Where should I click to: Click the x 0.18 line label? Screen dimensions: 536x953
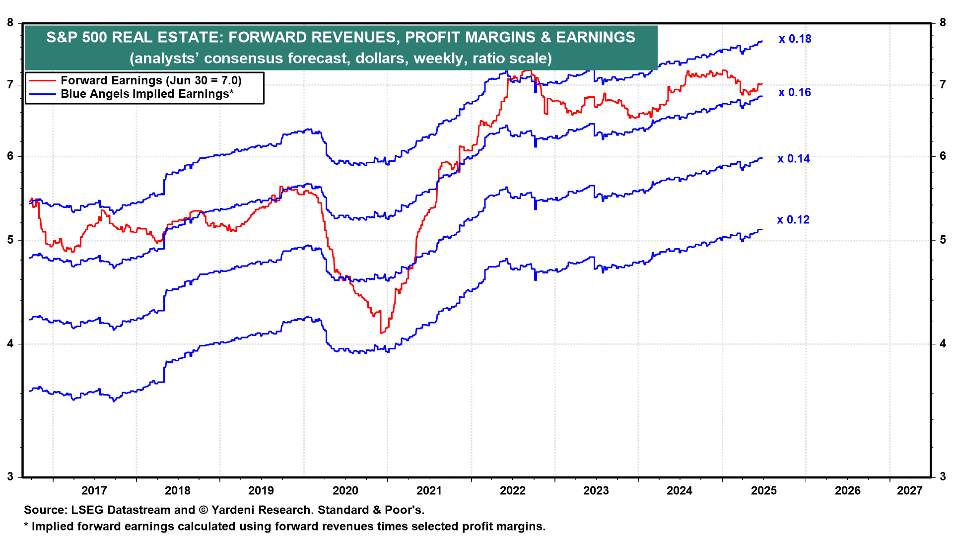tap(795, 39)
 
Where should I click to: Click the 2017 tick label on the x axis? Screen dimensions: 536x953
tap(94, 491)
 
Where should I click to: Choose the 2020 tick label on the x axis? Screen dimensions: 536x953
tap(345, 491)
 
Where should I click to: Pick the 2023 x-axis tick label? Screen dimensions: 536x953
tap(596, 491)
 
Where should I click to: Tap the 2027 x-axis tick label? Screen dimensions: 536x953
tap(909, 491)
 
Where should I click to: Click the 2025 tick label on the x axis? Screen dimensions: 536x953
tap(763, 491)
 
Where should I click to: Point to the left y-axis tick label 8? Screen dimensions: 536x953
tap(10, 22)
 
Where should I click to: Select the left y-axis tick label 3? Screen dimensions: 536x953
tap(10, 477)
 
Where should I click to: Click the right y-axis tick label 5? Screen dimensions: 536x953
tap(943, 240)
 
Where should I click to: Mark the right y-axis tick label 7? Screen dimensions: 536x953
tap(943, 84)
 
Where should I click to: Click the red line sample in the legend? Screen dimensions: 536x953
tap(42, 80)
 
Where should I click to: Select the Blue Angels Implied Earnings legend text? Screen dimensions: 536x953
tap(147, 94)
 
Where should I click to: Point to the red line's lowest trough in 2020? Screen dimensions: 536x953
tap(381, 333)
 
